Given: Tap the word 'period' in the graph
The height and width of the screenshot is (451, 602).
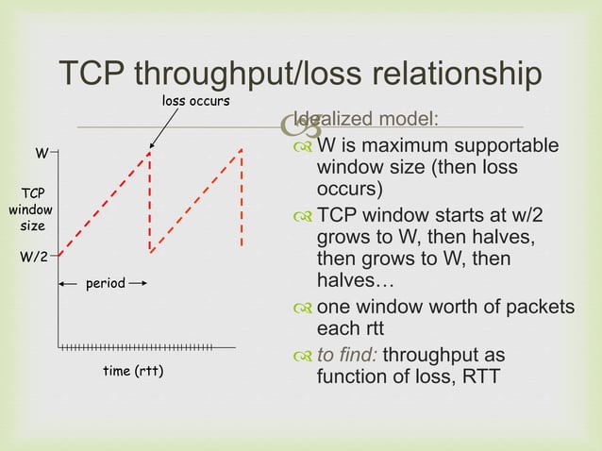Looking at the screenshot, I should [105, 283].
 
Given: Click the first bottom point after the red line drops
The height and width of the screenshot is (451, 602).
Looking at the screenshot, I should [150, 252].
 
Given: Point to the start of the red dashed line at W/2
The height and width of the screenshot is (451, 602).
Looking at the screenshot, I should [59, 255].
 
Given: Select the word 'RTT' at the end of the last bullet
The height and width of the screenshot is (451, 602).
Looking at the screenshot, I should [480, 377].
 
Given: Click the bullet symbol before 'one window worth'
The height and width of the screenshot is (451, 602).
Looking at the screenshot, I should [302, 308].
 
